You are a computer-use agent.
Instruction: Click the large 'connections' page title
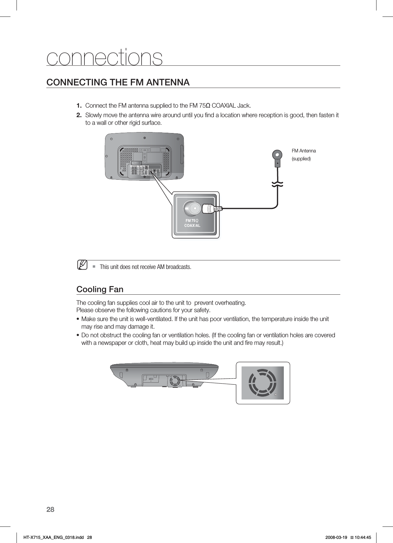104,57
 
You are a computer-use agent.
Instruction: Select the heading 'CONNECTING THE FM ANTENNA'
118,82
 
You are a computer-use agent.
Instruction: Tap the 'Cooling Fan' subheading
100,289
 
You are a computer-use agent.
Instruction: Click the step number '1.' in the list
79,105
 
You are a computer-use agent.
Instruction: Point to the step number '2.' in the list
79,114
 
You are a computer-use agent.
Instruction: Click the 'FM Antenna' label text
304,151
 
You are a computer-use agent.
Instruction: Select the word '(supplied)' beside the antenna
301,158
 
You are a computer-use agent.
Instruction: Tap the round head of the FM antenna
277,155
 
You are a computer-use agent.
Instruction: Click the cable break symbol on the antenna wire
277,184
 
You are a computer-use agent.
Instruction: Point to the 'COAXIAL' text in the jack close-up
192,225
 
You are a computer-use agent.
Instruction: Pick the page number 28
50,510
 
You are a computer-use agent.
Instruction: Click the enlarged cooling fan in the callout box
262,383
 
